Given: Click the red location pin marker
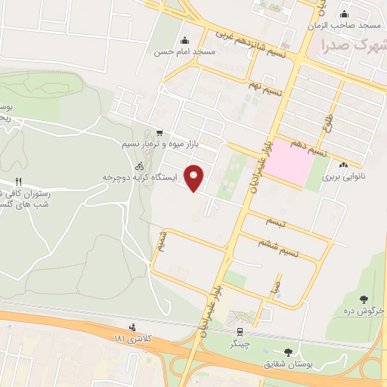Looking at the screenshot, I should click(194, 177).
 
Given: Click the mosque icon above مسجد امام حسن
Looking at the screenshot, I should click(184, 41).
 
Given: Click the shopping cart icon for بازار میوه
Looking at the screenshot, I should click(158, 131).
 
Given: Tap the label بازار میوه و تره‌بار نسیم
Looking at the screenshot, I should click(141, 142).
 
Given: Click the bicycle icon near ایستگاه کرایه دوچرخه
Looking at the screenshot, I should click(138, 166).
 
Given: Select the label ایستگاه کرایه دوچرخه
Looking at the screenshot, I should click(144, 177).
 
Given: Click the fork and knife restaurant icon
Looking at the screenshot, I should click(19, 182).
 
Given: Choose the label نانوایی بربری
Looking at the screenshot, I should click(345, 177).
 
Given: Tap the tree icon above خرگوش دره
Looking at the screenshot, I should click(365, 299).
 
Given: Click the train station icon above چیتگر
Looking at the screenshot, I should click(240, 331).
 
